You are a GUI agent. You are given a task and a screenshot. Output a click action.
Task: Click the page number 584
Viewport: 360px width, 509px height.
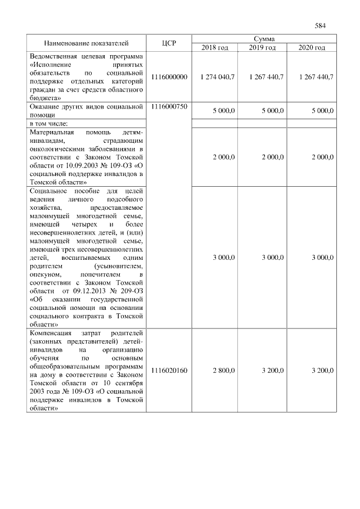coord(321,25)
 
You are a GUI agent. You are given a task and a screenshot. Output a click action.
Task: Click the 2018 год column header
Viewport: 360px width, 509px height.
coord(215,47)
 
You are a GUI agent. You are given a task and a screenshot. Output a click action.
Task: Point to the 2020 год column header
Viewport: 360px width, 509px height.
coord(312,47)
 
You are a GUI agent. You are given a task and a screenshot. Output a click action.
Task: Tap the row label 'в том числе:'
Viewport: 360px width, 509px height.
coord(49,123)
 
